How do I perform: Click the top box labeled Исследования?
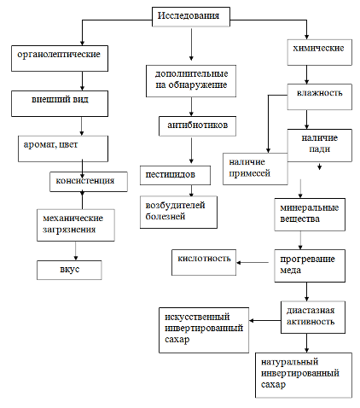pos(191,17)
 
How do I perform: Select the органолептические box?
pos(60,58)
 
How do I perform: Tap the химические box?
pos(319,52)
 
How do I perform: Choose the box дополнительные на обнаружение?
pos(191,81)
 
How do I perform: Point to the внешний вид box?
pos(60,103)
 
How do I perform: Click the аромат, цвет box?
pos(63,149)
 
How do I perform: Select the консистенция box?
pos(89,182)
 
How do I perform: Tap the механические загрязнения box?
pos(76,225)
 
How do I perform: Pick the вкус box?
pos(69,270)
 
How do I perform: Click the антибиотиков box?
pos(197,126)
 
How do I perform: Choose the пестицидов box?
pos(175,175)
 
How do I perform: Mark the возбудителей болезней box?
pos(178,212)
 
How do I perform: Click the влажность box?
pos(319,96)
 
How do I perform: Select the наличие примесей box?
pos(255,169)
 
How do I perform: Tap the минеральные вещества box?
pos(310,214)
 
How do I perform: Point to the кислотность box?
pos(204,262)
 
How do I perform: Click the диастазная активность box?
pos(313,318)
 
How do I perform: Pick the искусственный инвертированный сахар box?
pos(204,330)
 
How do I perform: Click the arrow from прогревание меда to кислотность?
pos(253,263)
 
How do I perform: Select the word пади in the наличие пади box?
pos(319,149)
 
